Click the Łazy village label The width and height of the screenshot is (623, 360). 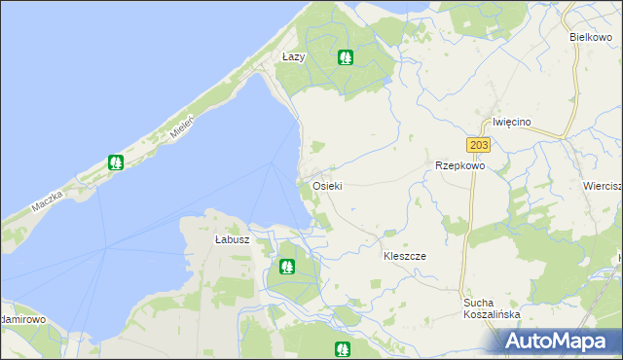pos(293,56)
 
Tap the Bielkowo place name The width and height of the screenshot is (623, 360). pos(590,36)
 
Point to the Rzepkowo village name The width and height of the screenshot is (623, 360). pos(459,165)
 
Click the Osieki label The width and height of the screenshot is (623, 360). pos(327,185)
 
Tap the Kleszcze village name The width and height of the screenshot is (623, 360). pos(405,255)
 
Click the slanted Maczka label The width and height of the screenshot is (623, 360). pos(46,201)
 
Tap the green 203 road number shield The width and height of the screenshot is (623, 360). pos(477,145)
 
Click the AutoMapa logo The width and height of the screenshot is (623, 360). pos(556,340)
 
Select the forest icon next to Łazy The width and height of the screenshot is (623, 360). pos(345,57)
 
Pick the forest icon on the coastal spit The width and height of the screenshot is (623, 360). pos(116,162)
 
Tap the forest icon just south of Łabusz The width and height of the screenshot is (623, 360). pos(287,266)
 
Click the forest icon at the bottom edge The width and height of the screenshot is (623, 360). pos(342,349)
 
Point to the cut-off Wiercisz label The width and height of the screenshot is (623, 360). pos(603,186)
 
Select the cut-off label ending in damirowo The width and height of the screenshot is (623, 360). pos(23,318)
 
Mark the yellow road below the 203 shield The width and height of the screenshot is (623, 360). pos(473,224)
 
